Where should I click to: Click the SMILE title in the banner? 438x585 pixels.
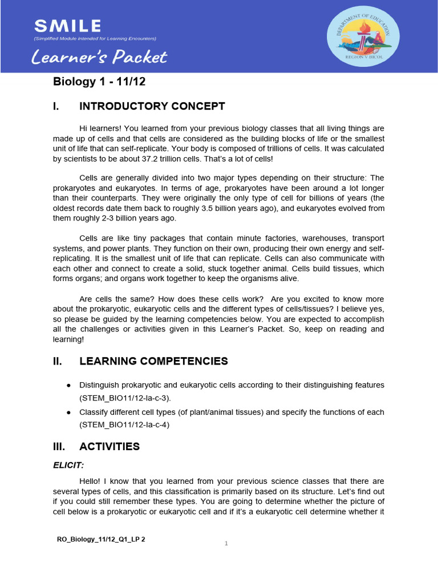click(x=67, y=26)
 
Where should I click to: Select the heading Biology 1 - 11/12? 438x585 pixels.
click(x=99, y=82)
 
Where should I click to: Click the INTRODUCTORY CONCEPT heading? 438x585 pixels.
click(x=152, y=106)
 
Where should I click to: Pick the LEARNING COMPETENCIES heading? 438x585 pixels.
click(x=153, y=361)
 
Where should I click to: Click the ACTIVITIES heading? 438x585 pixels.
click(x=109, y=446)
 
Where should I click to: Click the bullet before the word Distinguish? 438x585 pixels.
click(x=68, y=385)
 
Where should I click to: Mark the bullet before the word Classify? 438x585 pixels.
click(x=68, y=412)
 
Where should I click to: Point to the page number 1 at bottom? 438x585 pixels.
click(x=226, y=543)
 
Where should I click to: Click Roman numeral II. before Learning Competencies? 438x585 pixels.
click(x=59, y=361)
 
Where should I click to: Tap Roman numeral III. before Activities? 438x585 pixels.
click(x=60, y=446)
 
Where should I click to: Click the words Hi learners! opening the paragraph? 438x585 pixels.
click(x=102, y=129)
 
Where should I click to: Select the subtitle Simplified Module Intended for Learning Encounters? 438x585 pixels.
click(x=95, y=38)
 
